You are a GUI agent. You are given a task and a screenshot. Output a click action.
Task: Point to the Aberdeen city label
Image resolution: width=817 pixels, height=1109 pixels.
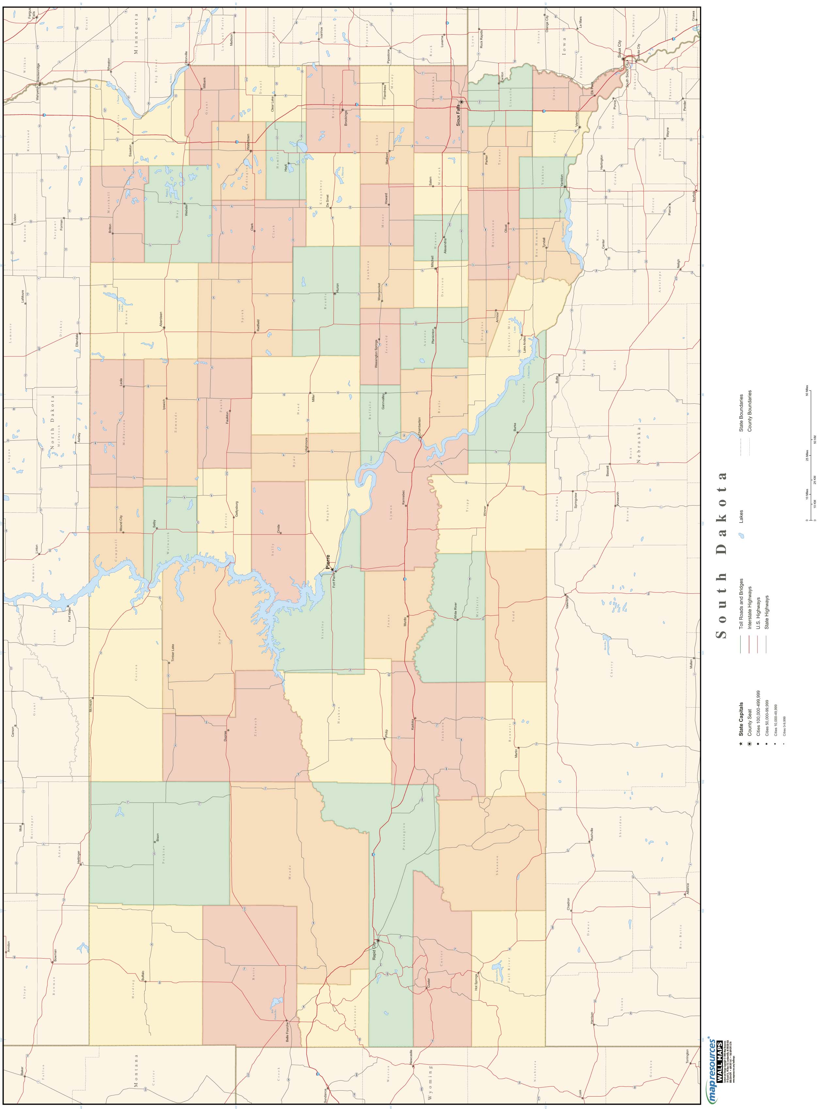160,319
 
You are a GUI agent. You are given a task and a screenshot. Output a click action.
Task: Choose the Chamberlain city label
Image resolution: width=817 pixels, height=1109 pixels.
419,426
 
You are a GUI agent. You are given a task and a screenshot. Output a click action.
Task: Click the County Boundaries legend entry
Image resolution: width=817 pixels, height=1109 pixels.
750,412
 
